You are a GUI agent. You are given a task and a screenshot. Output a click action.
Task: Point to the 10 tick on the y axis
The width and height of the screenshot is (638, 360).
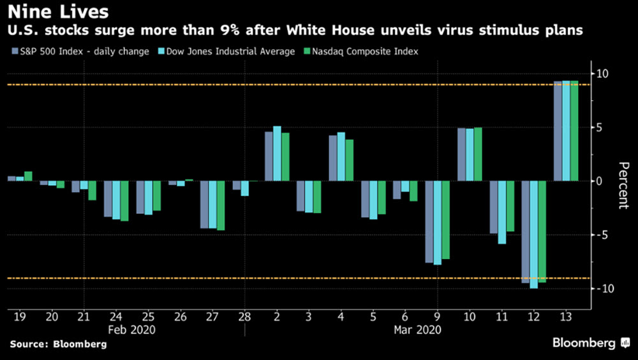602,73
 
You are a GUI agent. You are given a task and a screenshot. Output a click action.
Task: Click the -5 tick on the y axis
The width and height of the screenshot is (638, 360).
600,235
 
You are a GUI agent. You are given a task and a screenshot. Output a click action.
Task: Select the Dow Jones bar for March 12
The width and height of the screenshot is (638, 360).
534,234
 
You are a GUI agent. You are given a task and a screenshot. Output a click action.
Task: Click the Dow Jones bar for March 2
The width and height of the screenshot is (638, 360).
277,154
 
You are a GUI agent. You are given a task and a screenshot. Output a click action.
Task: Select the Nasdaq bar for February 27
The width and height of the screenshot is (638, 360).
221,206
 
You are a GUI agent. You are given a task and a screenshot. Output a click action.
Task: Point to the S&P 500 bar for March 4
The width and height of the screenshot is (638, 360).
333,158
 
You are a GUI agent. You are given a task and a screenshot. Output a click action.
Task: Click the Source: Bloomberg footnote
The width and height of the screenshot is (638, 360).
57,345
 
